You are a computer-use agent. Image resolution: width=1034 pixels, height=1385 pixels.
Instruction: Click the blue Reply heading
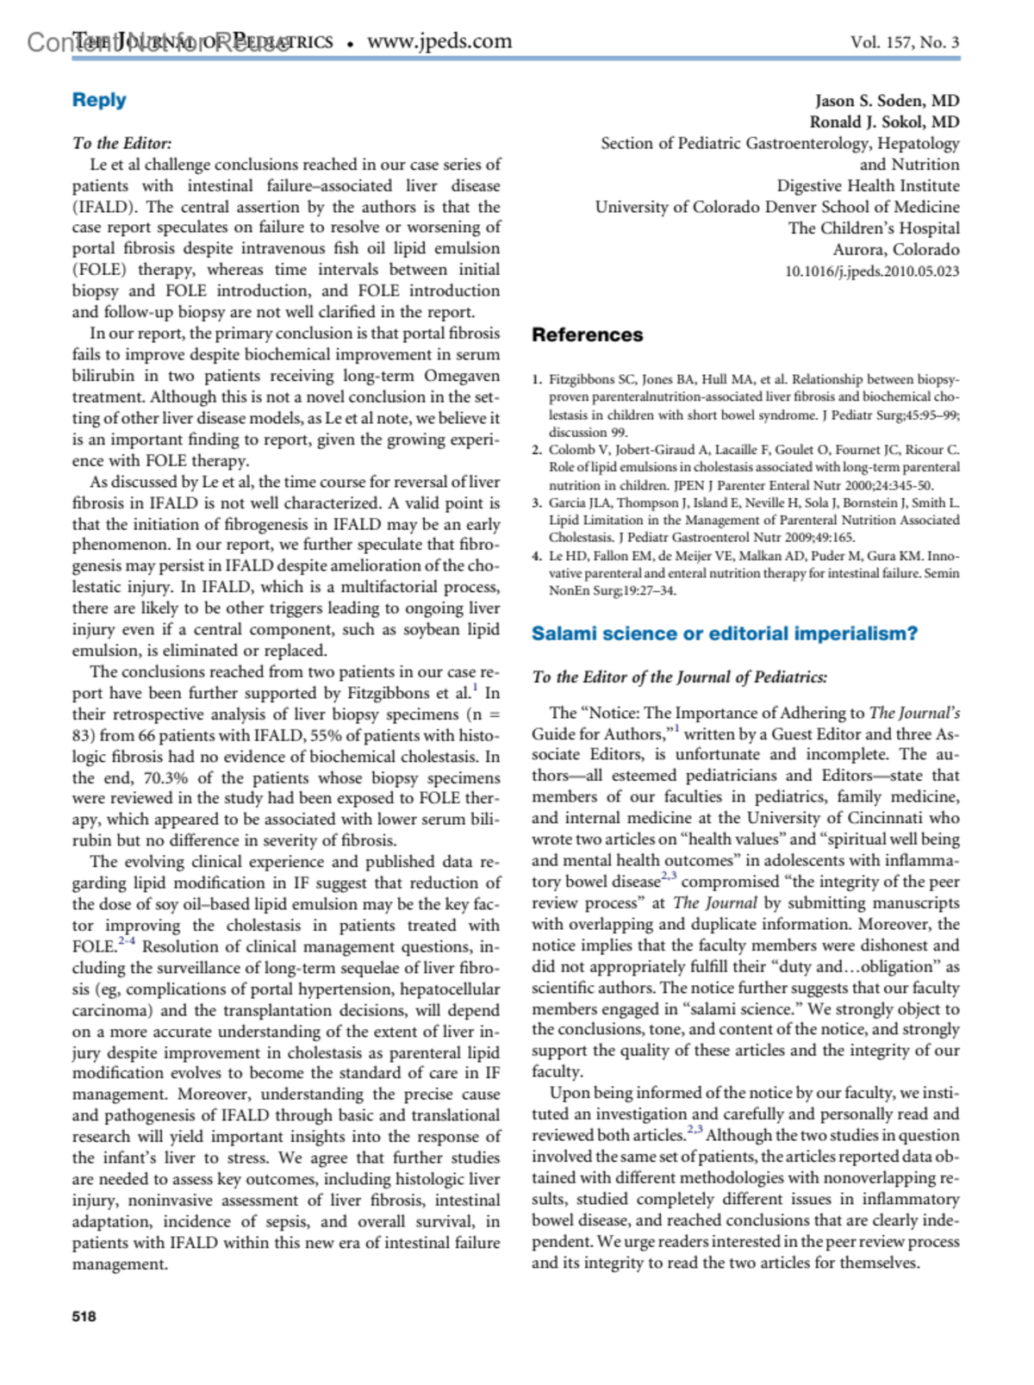[99, 100]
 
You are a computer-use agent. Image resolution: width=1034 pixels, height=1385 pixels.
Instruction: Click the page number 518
[84, 1316]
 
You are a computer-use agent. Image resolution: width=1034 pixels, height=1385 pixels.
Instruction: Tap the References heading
[587, 334]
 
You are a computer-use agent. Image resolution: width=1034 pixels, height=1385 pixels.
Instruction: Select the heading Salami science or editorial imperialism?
[724, 633]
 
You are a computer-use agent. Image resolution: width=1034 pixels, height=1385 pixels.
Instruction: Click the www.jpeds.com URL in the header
[439, 41]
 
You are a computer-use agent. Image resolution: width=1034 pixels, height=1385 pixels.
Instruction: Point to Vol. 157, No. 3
[904, 42]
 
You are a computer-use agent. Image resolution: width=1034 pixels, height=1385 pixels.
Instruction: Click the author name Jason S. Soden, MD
[887, 101]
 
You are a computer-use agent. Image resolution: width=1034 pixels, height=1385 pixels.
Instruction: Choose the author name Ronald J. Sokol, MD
[884, 122]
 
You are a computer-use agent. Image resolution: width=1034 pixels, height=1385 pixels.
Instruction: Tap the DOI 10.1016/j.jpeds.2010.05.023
[871, 271]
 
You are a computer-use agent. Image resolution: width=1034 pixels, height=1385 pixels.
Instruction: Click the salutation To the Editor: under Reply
[121, 143]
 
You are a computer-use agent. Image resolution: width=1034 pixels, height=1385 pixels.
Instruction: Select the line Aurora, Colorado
[895, 249]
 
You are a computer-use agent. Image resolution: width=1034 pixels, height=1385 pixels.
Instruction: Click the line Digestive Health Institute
[868, 185]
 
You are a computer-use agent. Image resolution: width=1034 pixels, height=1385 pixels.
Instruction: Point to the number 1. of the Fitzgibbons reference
[537, 379]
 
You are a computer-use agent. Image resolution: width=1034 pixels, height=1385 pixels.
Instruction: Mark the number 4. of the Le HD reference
[537, 556]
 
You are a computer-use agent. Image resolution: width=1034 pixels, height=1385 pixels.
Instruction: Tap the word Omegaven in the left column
[461, 376]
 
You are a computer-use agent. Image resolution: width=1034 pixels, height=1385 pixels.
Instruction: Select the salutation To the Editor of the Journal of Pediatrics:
[679, 677]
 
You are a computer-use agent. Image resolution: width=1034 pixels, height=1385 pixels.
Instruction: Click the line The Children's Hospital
[873, 228]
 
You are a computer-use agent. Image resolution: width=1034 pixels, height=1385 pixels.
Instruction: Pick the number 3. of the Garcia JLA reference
[537, 502]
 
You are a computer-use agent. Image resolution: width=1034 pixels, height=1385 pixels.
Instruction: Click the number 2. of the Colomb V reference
[537, 450]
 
